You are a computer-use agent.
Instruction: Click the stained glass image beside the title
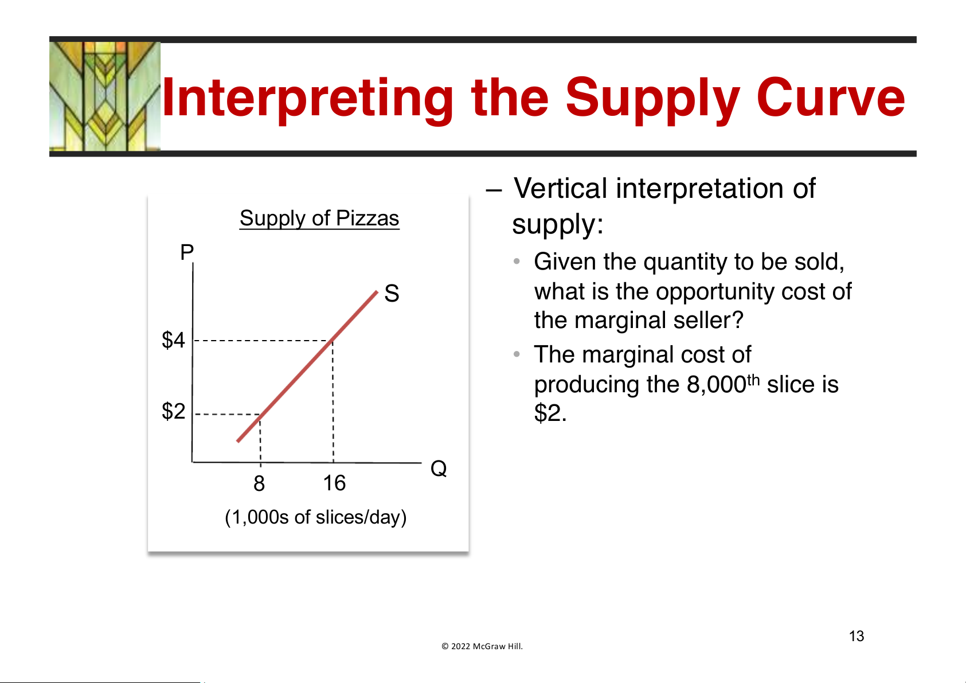click(105, 96)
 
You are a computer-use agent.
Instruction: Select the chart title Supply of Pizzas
click(319, 218)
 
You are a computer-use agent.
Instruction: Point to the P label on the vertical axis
click(187, 252)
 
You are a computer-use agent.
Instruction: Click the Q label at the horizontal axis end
click(439, 468)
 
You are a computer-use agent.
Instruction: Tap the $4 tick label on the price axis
click(173, 340)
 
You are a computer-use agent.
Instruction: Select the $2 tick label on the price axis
click(173, 411)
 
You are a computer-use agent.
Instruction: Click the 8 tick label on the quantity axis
click(259, 483)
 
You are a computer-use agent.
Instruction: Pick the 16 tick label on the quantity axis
click(334, 483)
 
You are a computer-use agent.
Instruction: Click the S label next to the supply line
click(392, 294)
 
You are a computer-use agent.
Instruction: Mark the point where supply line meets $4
click(333, 341)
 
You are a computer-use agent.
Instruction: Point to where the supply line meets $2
click(260, 414)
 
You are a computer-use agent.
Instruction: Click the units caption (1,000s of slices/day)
click(316, 517)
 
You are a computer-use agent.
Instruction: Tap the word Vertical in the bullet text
click(560, 189)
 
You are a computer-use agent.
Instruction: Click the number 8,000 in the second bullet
click(716, 385)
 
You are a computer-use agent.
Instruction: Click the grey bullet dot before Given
click(517, 261)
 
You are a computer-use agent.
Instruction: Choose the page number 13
click(857, 636)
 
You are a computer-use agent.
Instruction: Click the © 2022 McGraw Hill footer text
click(482, 646)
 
